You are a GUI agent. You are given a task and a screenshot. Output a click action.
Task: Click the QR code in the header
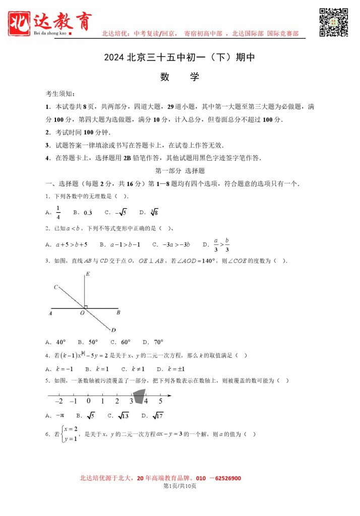pos(334,22)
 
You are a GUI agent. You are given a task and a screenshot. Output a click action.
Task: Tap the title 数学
pos(179,77)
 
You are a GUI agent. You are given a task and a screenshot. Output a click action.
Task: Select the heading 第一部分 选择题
pos(179,170)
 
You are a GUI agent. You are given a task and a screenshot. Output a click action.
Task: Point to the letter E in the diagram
pos(88,274)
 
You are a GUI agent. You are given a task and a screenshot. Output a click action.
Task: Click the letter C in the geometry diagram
pos(55,287)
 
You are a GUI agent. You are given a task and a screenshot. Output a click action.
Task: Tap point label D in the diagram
pos(113,330)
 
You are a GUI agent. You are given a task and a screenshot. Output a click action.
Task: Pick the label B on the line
pos(118,313)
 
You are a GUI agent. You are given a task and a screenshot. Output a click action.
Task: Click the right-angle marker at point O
pos(87,306)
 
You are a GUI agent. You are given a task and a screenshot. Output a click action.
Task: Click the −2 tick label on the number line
pos(58,401)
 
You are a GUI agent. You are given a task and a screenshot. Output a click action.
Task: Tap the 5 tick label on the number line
pos(160,401)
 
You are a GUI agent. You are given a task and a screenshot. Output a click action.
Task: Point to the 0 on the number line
pos(88,401)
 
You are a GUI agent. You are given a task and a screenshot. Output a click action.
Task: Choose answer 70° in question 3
pos(158,342)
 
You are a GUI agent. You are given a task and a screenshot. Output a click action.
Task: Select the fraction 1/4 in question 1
pos(58,213)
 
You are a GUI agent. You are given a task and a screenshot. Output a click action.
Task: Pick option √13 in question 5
pos(123,416)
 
